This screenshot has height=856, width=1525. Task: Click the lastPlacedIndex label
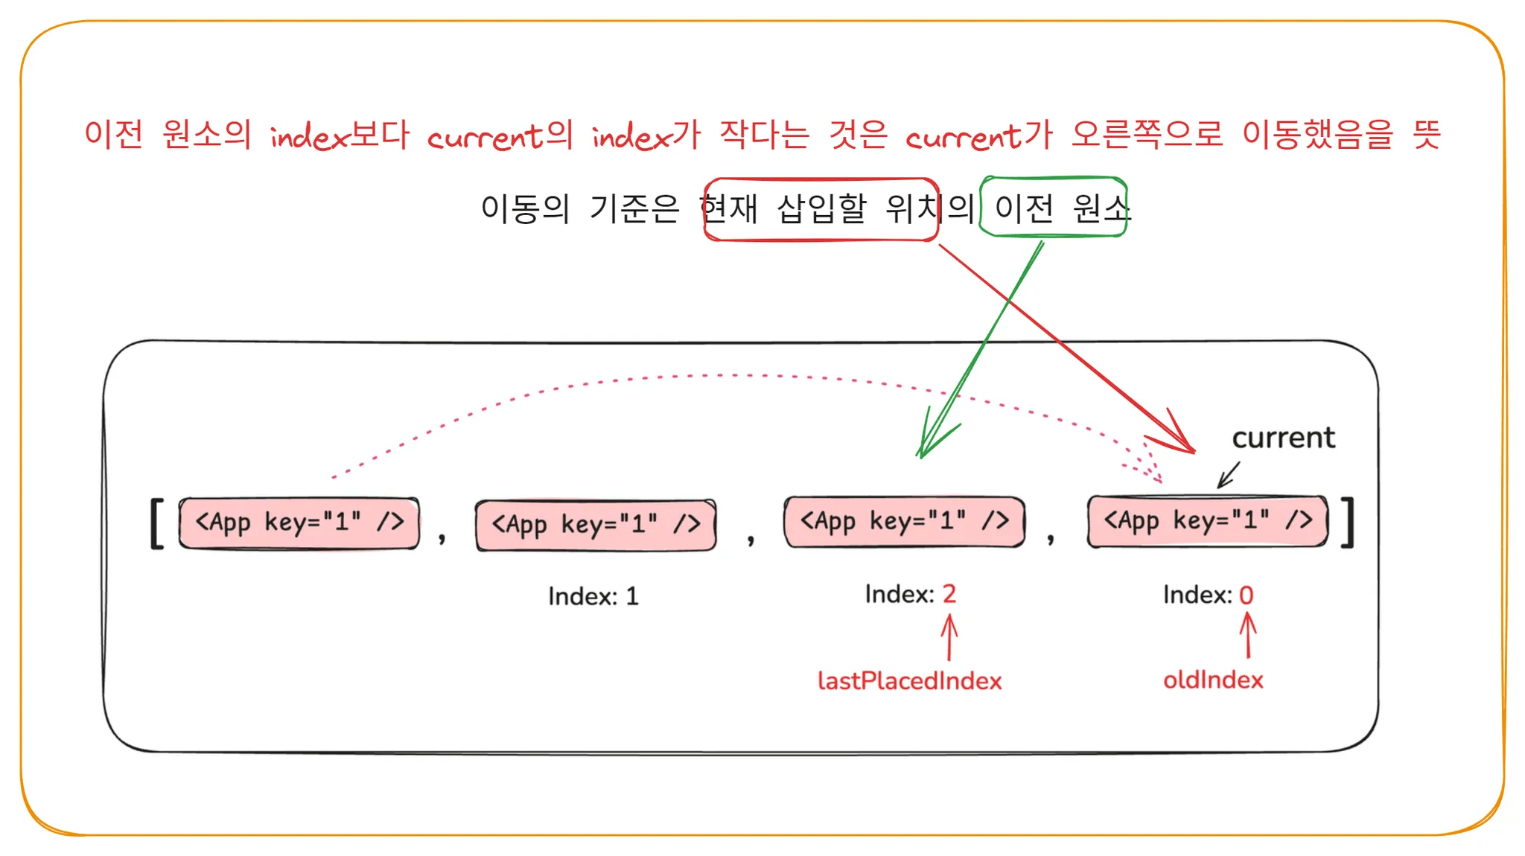909,680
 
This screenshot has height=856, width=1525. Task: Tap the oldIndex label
1213,679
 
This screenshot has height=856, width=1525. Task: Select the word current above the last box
1283,438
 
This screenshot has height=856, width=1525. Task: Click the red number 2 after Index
949,593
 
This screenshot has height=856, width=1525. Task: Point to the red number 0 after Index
1247,595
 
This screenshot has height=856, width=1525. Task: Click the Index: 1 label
593,596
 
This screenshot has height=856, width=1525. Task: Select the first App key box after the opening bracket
299,523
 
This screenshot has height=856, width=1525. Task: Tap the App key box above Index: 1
596,525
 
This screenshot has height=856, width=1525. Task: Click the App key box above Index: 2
904,521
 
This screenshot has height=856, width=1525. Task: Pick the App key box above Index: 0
1207,520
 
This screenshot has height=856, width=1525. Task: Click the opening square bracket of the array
156,523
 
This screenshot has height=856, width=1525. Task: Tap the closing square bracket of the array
1347,522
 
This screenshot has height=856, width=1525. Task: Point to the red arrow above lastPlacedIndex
949,636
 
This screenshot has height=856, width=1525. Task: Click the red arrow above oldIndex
1248,634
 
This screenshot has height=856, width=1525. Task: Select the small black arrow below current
1228,475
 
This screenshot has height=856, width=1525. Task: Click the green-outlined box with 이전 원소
1054,207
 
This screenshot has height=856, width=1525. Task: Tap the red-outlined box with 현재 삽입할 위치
821,209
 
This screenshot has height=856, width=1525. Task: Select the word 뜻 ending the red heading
1426,135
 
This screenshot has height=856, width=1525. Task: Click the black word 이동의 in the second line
525,208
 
